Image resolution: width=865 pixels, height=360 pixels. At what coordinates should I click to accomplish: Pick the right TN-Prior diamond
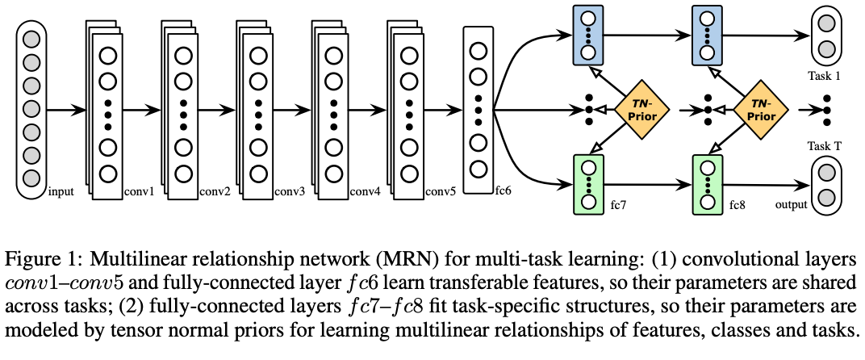[758, 110]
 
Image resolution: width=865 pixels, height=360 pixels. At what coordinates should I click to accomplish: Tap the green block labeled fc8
[708, 185]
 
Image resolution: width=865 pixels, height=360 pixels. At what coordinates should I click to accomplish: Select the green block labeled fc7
[588, 185]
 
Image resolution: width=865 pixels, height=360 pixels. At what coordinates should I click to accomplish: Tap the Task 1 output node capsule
[825, 36]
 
